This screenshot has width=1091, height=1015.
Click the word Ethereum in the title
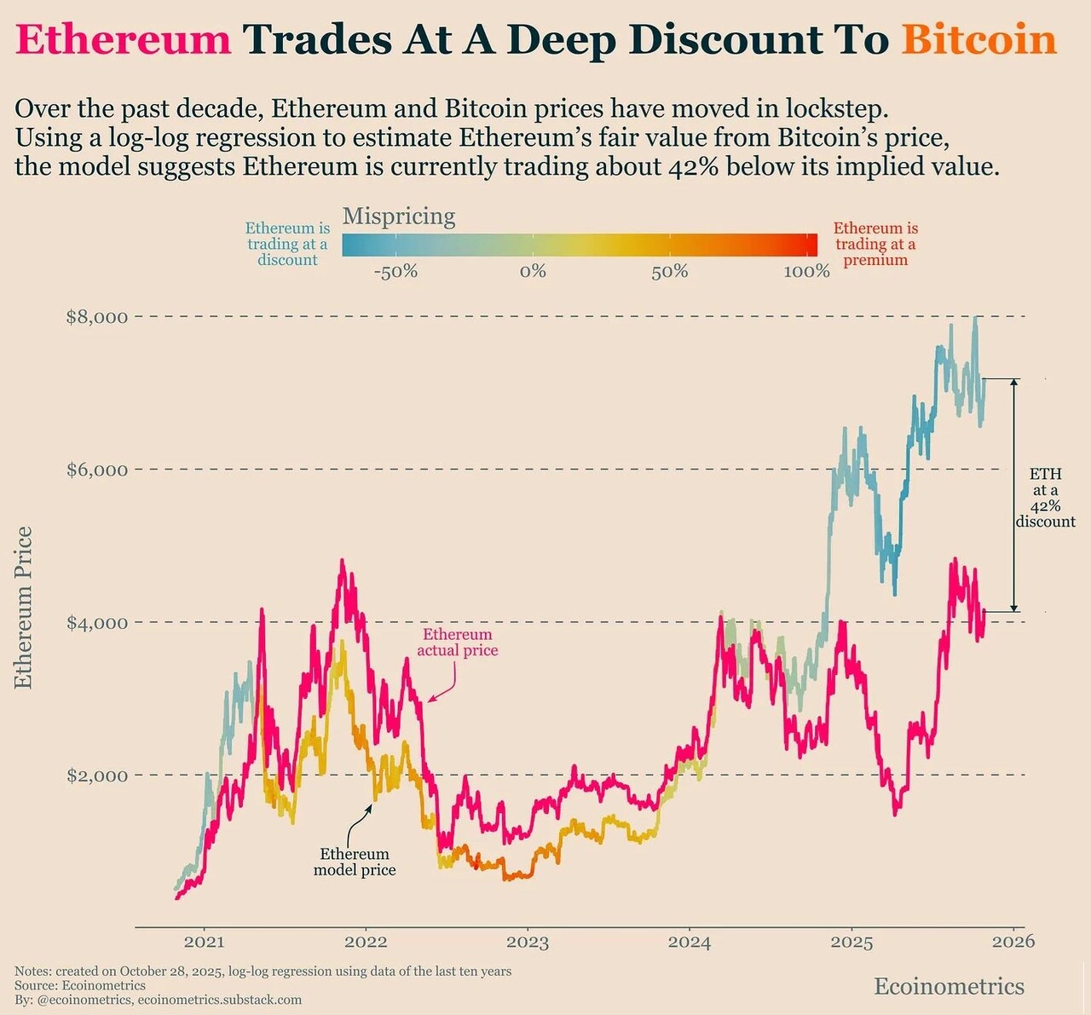124,40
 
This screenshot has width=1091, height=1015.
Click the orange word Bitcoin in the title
978,40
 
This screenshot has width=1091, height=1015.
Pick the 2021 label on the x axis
204,942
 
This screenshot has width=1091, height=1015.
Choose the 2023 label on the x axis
528,942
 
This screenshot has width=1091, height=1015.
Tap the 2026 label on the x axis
1013,941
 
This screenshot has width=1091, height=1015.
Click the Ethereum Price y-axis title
24,607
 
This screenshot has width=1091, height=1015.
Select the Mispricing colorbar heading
399,216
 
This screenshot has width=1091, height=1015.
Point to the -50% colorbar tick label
395,272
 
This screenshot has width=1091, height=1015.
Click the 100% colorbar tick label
806,272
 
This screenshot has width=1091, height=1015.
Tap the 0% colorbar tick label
533,272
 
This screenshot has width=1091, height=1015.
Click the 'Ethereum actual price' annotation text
458,643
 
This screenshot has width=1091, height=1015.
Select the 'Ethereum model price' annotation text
355,862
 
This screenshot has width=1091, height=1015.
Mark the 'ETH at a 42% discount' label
1045,498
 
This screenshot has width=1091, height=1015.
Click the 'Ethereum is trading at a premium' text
875,244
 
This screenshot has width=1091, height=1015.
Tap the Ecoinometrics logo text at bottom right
949,986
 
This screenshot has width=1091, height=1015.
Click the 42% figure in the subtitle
690,165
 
